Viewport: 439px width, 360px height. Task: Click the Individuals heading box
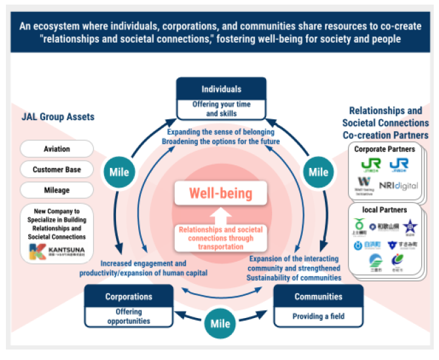tap(221, 89)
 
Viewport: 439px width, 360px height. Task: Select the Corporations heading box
tap(128, 296)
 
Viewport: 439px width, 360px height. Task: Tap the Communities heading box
tap(318, 296)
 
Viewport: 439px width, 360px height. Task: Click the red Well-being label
tap(220, 193)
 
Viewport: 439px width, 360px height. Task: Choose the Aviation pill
tap(57, 149)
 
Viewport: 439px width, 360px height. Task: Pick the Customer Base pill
tap(57, 170)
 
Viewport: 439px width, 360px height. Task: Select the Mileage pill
tap(57, 191)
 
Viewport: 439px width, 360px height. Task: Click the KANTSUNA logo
tap(57, 250)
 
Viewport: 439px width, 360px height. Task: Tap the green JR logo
tap(366, 165)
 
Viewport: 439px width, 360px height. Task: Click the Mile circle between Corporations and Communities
tap(220, 324)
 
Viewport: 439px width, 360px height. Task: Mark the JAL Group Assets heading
tap(57, 117)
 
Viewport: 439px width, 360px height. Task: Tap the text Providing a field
tap(318, 317)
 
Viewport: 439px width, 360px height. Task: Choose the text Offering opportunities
tap(128, 316)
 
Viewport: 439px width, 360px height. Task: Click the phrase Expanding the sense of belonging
tap(221, 132)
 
